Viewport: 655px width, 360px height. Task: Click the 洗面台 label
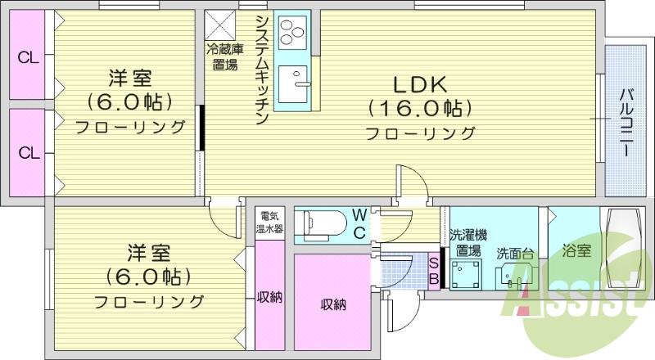tap(515, 253)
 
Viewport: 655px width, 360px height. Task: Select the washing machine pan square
tap(468, 273)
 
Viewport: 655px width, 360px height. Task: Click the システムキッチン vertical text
tap(262, 70)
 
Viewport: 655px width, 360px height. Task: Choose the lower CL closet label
tap(29, 152)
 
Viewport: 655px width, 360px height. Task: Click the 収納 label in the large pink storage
tap(332, 304)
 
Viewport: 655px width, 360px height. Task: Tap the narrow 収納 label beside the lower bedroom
tap(269, 297)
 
